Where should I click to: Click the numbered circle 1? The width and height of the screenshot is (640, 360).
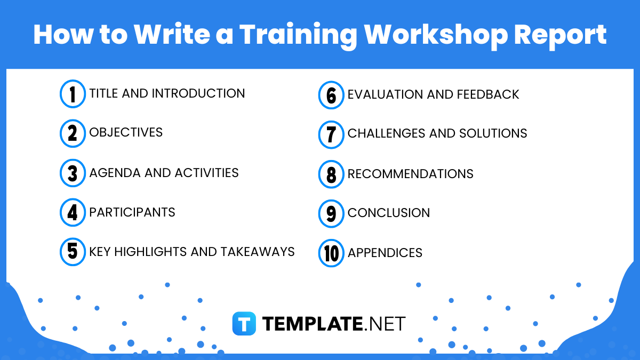pos(73,94)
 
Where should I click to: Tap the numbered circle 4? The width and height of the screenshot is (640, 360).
pos(73,212)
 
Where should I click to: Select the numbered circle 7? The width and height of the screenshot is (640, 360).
pos(331,134)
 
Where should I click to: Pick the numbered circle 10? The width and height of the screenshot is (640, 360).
pos(331,253)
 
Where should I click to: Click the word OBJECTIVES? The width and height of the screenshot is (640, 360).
pos(126,132)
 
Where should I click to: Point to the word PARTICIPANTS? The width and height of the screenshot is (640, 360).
pos(132,212)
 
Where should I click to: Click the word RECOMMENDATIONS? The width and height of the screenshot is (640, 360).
pos(410,174)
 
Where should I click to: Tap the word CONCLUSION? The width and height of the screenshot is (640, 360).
pos(388,213)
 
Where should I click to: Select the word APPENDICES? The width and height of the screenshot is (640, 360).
pos(385,253)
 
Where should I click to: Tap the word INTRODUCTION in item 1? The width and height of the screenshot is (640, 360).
pos(198,93)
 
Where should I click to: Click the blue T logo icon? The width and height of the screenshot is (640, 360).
pos(244,324)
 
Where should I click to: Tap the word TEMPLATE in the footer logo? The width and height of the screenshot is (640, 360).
pos(312,324)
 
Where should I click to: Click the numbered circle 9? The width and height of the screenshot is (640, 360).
pos(331,213)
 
